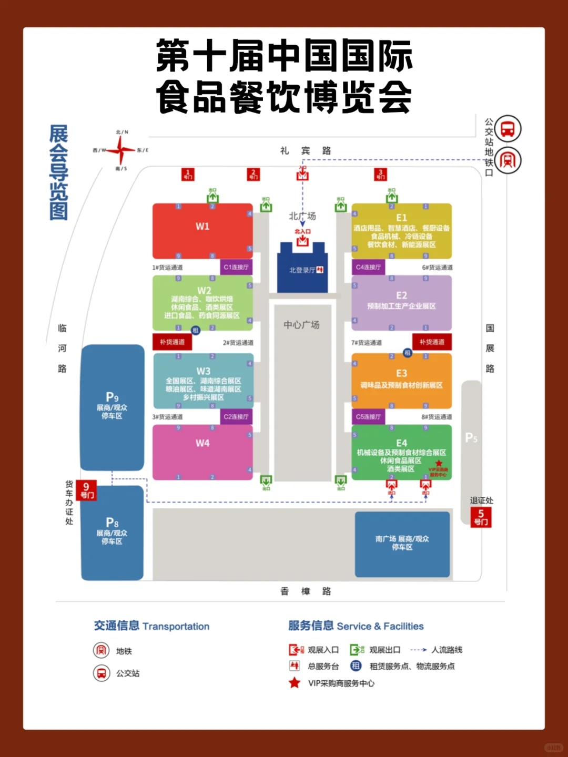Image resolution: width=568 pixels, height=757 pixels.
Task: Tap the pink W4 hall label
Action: pyautogui.click(x=202, y=443)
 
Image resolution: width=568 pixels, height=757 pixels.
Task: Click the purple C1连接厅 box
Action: pyautogui.click(x=236, y=267)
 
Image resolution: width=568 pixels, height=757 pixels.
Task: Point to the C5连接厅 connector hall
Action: pyautogui.click(x=369, y=417)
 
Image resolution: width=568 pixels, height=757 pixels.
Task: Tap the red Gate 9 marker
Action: pyautogui.click(x=86, y=490)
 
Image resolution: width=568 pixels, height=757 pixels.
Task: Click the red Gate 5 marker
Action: pyautogui.click(x=481, y=517)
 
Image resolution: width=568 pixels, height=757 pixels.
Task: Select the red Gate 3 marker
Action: pyautogui.click(x=381, y=175)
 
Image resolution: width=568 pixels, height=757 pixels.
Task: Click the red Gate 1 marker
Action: pyautogui.click(x=188, y=175)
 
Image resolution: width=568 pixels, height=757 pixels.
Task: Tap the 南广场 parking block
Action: pyautogui.click(x=402, y=544)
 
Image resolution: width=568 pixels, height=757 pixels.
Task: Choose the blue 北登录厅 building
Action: pyautogui.click(x=302, y=270)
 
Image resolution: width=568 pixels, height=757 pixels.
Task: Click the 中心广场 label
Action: pyautogui.click(x=302, y=325)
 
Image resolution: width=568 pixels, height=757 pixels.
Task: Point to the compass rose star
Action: pyautogui.click(x=121, y=150)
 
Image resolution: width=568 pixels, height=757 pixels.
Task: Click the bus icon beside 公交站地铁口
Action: pyautogui.click(x=508, y=129)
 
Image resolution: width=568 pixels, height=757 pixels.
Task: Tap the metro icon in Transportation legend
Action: pyautogui.click(x=101, y=651)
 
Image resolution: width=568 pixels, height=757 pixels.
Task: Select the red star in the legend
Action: pyautogui.click(x=295, y=683)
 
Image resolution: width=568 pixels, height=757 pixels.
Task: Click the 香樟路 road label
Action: pyautogui.click(x=306, y=591)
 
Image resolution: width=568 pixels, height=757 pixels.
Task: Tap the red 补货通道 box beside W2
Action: pyautogui.click(x=173, y=342)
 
